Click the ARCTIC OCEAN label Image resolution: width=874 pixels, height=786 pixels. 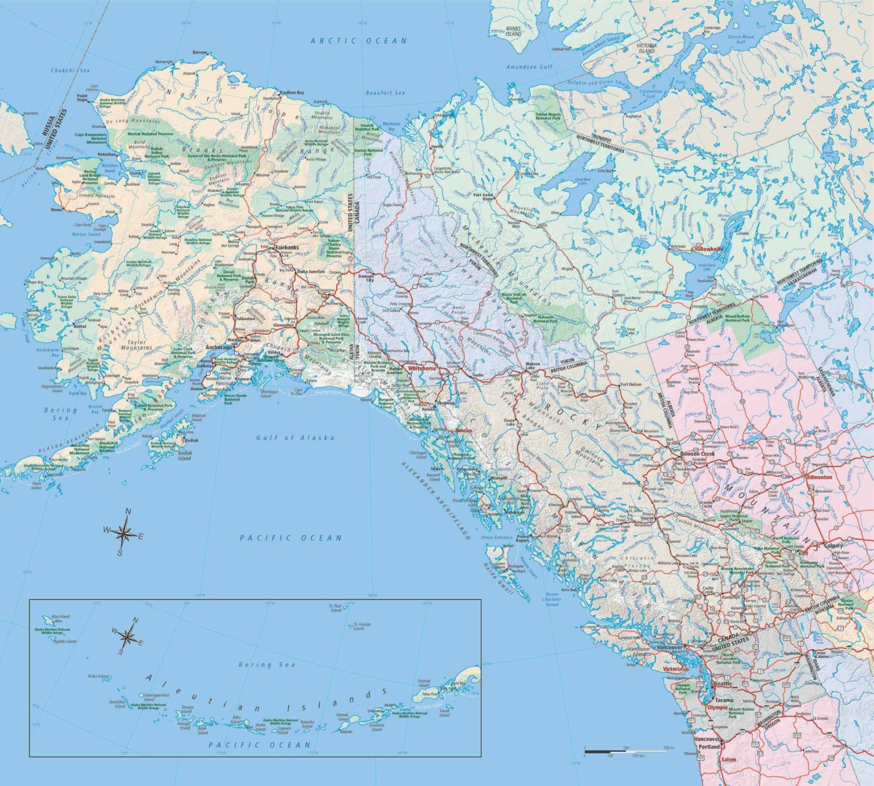(x=358, y=40)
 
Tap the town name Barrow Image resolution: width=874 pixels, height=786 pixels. (x=200, y=52)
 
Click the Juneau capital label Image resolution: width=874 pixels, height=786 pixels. (x=464, y=431)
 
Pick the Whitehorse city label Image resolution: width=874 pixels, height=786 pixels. (x=420, y=369)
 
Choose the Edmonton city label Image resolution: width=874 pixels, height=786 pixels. (x=819, y=477)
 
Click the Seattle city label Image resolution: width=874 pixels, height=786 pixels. (x=723, y=683)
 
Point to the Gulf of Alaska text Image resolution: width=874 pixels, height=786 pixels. (x=295, y=437)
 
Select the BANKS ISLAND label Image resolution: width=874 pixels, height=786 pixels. (x=513, y=31)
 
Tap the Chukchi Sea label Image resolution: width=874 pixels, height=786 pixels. (x=71, y=71)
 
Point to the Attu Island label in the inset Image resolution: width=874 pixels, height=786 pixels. (x=60, y=616)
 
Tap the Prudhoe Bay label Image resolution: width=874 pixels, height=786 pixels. (x=291, y=92)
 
